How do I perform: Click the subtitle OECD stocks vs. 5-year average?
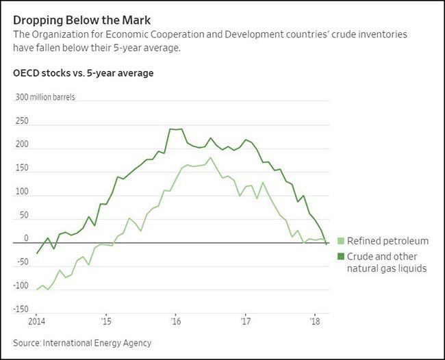[x=84, y=73]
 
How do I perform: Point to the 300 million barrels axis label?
[x=46, y=97]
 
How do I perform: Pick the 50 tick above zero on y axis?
[x=24, y=216]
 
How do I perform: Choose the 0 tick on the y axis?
[x=26, y=239]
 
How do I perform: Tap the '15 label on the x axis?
[x=106, y=321]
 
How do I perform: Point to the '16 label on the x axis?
[x=175, y=321]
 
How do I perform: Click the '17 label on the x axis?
[x=245, y=321]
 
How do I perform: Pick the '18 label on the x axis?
[x=315, y=321]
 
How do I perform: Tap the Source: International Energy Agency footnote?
[x=81, y=342]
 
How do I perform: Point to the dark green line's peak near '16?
[x=170, y=129]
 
